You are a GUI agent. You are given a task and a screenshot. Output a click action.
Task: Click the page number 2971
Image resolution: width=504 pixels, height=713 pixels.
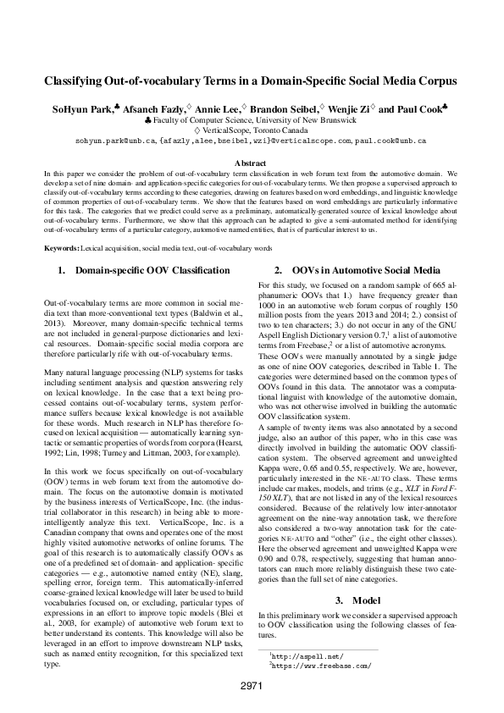pos(252,685)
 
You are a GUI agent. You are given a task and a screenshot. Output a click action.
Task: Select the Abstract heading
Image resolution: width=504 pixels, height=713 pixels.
pos(251,162)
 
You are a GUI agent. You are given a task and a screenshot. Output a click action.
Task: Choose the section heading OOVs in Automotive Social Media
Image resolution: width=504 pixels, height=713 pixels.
pos(365,270)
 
